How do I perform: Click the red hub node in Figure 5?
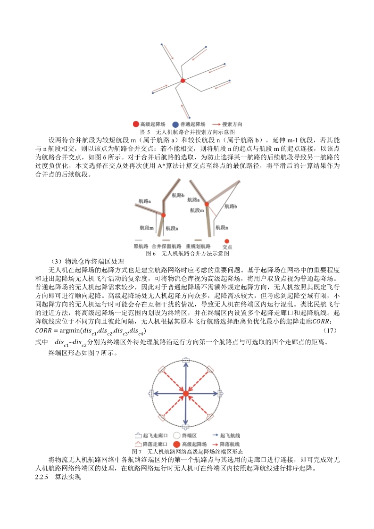183,81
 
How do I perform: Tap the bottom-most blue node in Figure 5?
189,118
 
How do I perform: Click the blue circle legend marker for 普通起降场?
175,124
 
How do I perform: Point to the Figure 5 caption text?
187,132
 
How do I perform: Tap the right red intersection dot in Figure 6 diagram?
207,204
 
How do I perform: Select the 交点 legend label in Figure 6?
227,247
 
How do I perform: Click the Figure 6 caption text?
187,253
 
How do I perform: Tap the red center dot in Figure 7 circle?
186,393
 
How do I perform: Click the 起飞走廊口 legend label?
152,437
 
